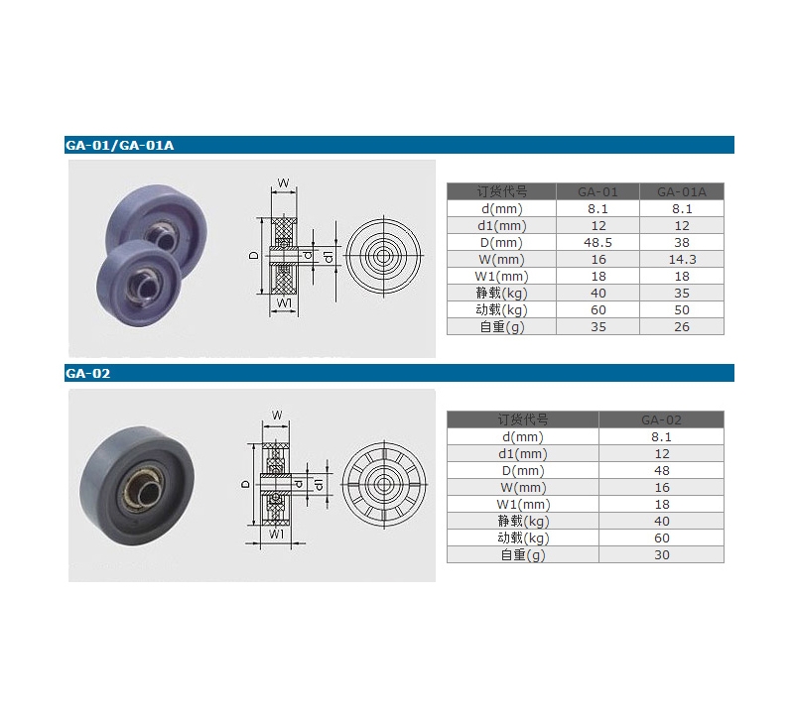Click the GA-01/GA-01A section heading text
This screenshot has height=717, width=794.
click(x=119, y=145)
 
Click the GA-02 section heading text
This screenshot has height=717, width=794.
click(x=87, y=374)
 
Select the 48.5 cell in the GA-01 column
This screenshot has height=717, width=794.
click(x=597, y=242)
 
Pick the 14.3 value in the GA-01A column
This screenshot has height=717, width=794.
click(x=682, y=260)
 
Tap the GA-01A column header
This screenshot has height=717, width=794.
click(x=682, y=191)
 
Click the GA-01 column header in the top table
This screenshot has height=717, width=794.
click(x=597, y=191)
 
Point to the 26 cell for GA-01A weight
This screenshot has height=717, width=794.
click(x=682, y=327)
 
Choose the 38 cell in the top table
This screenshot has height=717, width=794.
click(x=682, y=242)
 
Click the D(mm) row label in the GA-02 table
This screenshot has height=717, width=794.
click(x=523, y=471)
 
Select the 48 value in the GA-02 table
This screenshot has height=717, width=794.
click(x=661, y=471)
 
